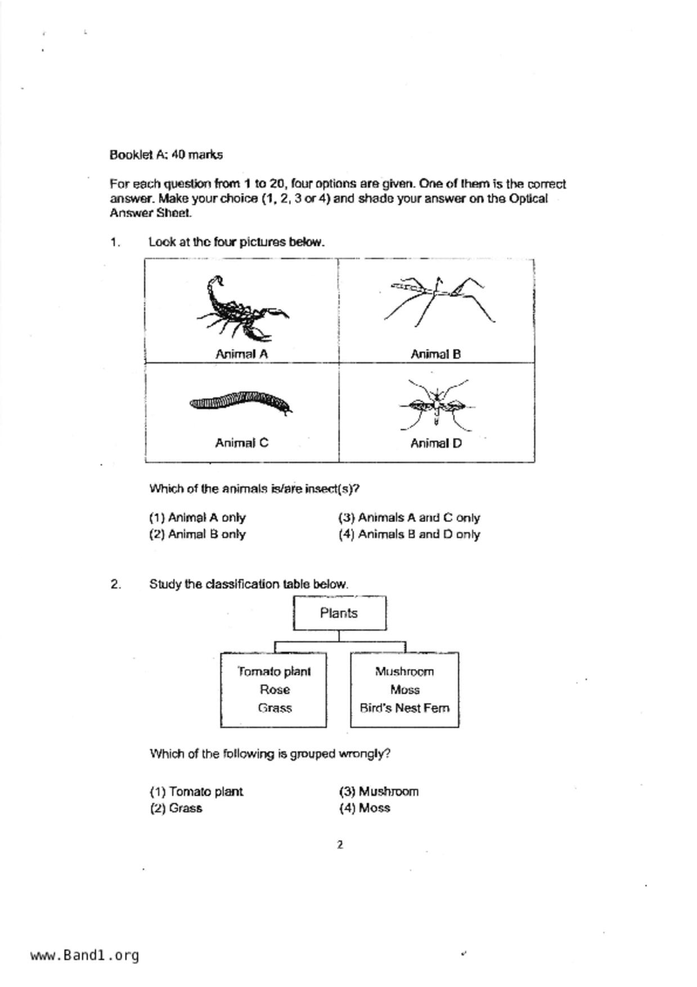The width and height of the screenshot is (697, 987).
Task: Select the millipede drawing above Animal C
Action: coord(241,402)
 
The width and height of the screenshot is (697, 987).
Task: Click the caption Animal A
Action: coord(241,354)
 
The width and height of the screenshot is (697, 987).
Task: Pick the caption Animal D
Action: coord(436,443)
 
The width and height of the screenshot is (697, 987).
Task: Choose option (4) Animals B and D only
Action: coord(409,535)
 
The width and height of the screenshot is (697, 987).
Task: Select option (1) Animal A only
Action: coord(197,518)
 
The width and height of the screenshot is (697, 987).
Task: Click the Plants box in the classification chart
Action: coord(339,613)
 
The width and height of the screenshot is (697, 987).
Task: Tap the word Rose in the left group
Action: coord(275,690)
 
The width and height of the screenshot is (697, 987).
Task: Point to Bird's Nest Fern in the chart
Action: coord(404,708)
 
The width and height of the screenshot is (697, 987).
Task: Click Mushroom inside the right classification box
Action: coord(404,672)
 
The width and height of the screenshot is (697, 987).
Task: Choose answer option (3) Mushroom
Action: coord(379,792)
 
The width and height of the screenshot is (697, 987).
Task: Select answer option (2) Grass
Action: coord(176,809)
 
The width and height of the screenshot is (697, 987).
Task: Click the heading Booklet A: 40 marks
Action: coord(166,155)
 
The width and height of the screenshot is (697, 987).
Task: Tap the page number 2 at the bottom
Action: coord(340,845)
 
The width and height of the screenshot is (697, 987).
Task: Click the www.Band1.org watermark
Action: coord(84,955)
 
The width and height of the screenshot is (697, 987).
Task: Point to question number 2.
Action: coord(115,585)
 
